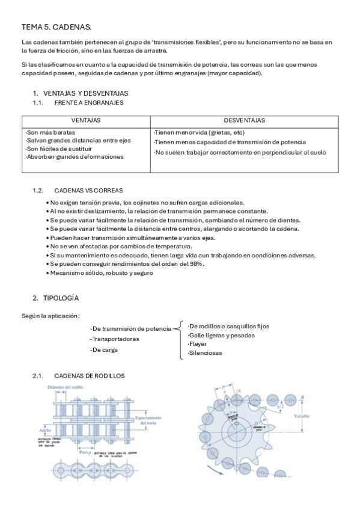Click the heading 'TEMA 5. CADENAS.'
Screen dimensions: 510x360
(x=56, y=27)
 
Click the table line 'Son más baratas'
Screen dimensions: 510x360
(x=51, y=132)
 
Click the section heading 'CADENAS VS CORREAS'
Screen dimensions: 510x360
(x=86, y=191)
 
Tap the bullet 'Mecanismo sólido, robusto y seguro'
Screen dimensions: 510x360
(x=102, y=272)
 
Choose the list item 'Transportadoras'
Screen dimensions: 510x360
(x=115, y=339)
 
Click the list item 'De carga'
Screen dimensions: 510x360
(x=104, y=349)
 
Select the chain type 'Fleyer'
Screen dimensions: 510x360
(x=198, y=344)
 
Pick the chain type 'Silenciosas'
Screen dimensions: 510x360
(x=205, y=354)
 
